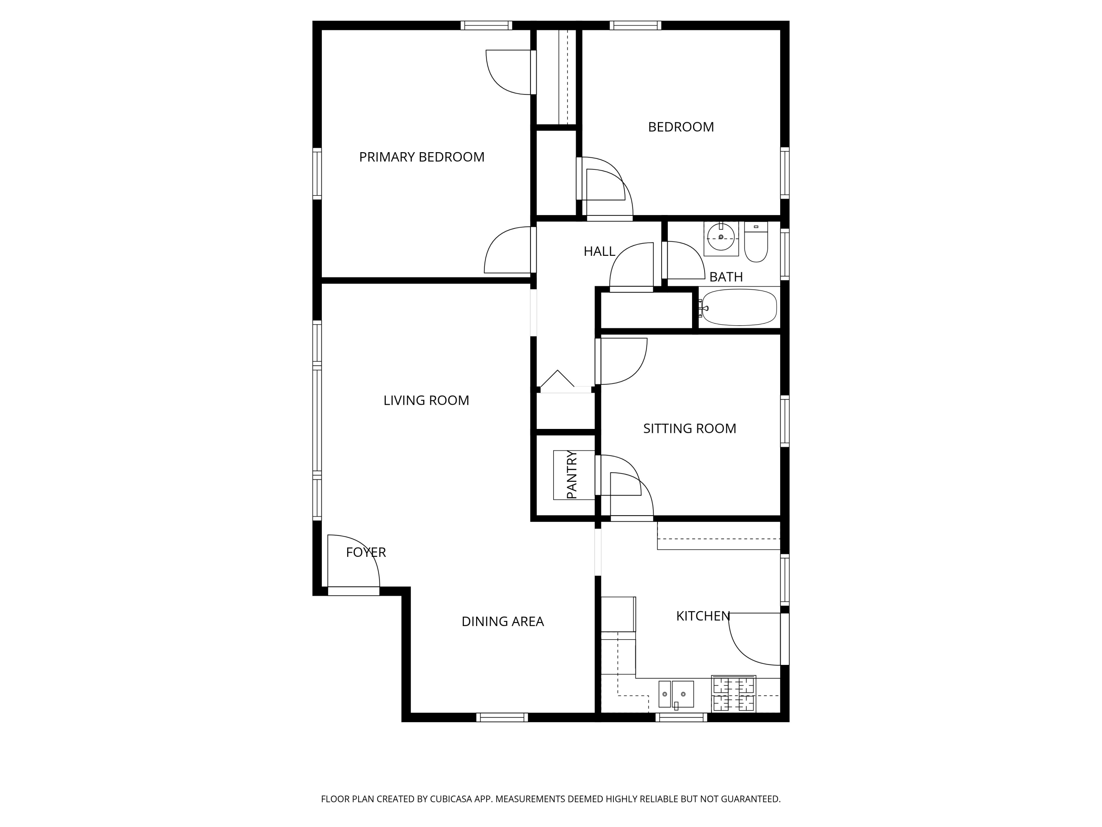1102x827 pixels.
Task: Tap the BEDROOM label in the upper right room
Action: pyautogui.click(x=681, y=127)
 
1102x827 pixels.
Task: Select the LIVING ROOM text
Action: pyautogui.click(x=426, y=400)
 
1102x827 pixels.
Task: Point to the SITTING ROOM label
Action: pyautogui.click(x=689, y=428)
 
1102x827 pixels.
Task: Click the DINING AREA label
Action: pyautogui.click(x=502, y=621)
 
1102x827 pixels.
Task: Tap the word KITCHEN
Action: pyautogui.click(x=703, y=616)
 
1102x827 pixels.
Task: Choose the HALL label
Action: pyautogui.click(x=599, y=252)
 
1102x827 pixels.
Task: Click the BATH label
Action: pyautogui.click(x=726, y=277)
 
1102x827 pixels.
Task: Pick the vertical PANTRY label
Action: pyautogui.click(x=572, y=475)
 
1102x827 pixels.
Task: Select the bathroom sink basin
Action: pyautogui.click(x=721, y=238)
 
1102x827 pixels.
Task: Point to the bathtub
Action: pyautogui.click(x=738, y=308)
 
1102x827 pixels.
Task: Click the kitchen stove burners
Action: pyautogui.click(x=733, y=694)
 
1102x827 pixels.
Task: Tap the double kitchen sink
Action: pyautogui.click(x=676, y=694)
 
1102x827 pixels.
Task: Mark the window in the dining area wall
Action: pyautogui.click(x=502, y=717)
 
